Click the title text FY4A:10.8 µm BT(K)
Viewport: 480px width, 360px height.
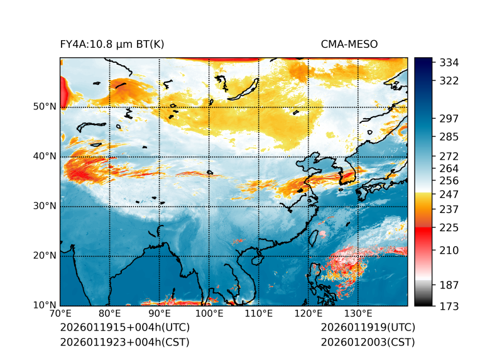click(x=112, y=45)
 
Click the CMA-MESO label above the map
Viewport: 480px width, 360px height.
click(x=349, y=45)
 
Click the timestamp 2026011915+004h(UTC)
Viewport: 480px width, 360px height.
click(x=124, y=328)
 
